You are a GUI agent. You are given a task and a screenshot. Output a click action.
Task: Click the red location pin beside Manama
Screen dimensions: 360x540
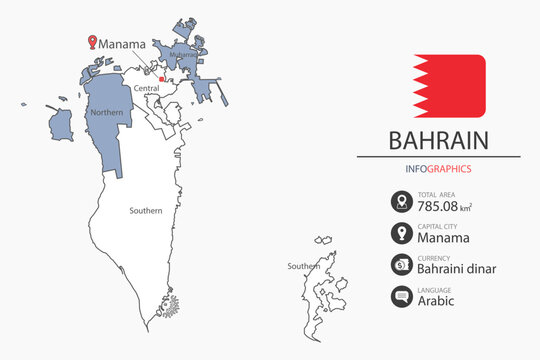coord(93,42)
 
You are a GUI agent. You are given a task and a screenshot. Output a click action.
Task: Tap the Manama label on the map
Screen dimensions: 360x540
coord(123,44)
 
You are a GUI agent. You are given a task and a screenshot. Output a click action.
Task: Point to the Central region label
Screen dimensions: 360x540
coord(147,88)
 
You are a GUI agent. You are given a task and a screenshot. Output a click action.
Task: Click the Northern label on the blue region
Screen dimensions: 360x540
coord(107,113)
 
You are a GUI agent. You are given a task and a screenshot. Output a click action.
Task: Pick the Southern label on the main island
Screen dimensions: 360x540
coord(145,211)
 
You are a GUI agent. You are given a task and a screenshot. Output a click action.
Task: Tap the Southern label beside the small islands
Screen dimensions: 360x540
coord(303,266)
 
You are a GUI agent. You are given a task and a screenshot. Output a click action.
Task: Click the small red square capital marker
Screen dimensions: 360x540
coord(162,78)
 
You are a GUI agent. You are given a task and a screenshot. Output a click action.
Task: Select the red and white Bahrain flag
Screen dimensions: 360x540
coord(448,85)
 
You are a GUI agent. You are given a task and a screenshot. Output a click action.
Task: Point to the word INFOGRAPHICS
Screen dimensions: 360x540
coord(439,169)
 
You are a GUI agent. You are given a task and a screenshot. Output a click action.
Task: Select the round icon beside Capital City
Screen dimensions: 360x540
coord(401,234)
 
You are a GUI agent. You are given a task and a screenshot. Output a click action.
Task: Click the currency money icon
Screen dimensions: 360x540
coord(401,265)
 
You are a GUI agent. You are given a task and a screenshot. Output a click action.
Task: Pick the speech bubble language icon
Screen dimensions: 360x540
coord(401,296)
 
